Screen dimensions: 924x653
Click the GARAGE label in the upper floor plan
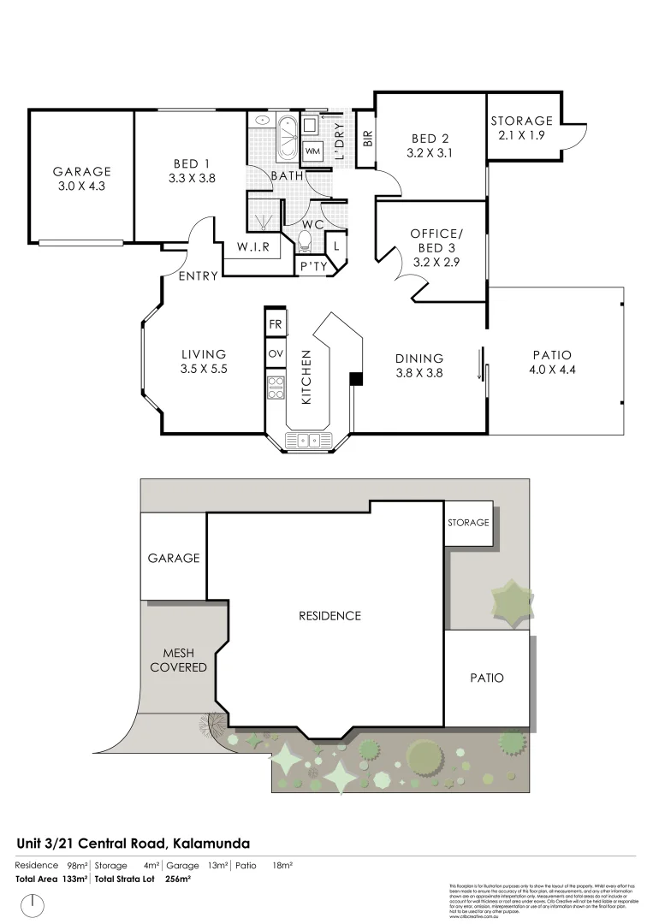point(81,171)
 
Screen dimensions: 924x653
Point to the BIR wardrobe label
point(367,138)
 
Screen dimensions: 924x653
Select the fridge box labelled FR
point(275,325)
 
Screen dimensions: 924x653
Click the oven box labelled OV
point(275,353)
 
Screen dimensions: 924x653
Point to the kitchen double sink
point(307,441)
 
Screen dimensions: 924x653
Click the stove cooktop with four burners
point(275,388)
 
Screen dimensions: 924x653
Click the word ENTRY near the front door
point(198,275)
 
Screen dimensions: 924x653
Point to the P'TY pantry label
point(309,267)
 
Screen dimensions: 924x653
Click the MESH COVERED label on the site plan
point(178,660)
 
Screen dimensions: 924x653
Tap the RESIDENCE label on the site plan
point(329,616)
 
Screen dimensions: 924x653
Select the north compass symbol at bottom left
point(33,905)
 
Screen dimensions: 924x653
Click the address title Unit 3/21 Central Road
point(133,843)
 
